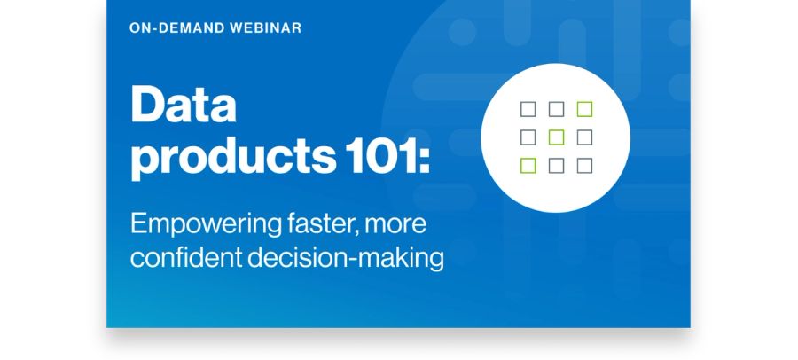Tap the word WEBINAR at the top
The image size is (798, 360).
[266, 28]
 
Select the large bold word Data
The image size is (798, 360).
[184, 105]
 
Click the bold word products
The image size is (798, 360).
[233, 157]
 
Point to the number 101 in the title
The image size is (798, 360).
[382, 155]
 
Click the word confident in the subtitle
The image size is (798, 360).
[186, 258]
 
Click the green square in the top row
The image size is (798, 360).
[584, 109]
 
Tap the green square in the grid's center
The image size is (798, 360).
[556, 137]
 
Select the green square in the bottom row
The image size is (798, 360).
[528, 166]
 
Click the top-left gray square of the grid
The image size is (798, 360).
[528, 109]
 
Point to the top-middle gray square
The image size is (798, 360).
[556, 109]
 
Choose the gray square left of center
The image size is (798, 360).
[528, 137]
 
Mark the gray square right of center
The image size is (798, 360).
[584, 137]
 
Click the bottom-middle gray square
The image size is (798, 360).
[556, 166]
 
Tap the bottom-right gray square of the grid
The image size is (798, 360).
[584, 166]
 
